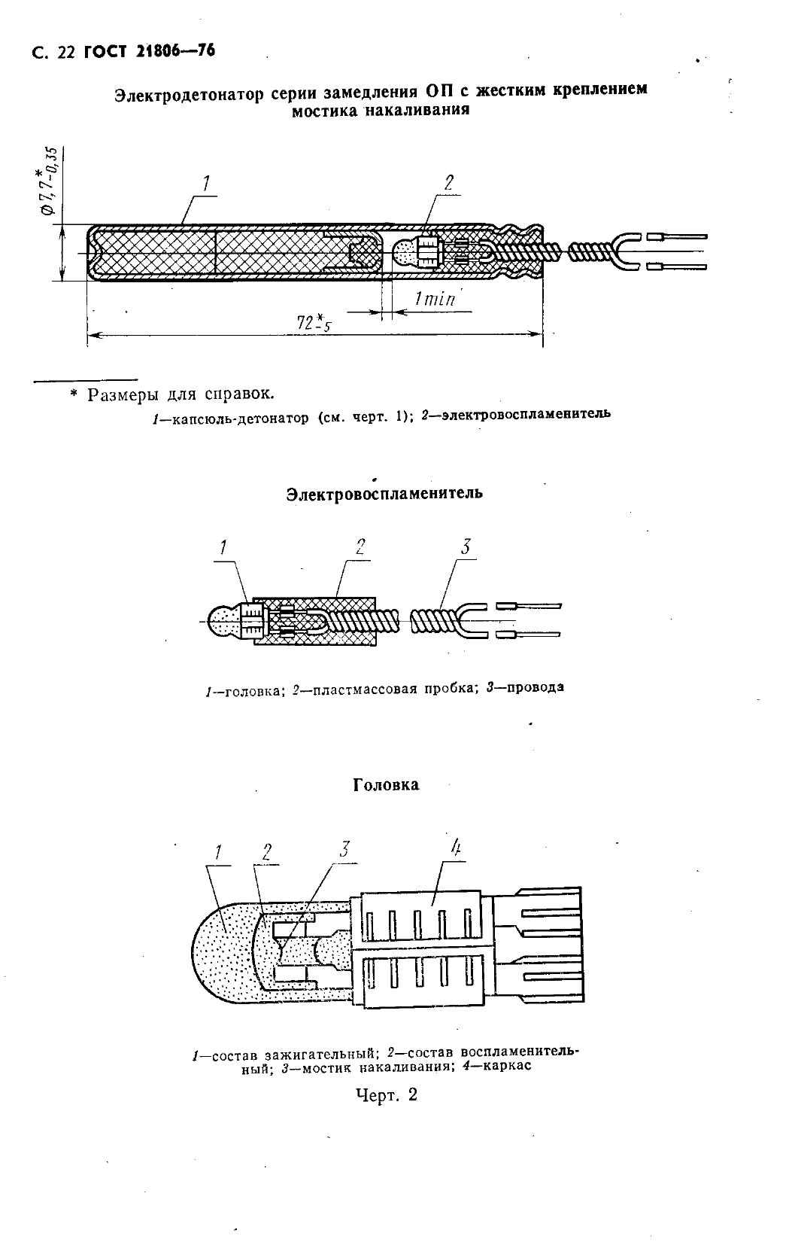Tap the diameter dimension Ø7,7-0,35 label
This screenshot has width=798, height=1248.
pyautogui.click(x=50, y=181)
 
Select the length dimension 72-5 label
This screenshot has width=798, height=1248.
pyautogui.click(x=315, y=323)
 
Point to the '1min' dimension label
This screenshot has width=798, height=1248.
pyautogui.click(x=434, y=299)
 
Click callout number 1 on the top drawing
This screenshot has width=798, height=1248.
pyautogui.click(x=205, y=183)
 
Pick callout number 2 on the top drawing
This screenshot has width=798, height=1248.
pyautogui.click(x=448, y=183)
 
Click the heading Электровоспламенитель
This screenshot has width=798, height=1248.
pyautogui.click(x=384, y=494)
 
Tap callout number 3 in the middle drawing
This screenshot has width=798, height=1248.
pyautogui.click(x=466, y=546)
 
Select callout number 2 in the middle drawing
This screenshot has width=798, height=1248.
pyautogui.click(x=360, y=546)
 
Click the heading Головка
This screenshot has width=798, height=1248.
pyautogui.click(x=386, y=784)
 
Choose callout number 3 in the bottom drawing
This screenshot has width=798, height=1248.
pyautogui.click(x=344, y=850)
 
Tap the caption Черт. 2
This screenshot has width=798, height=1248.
pyautogui.click(x=387, y=1094)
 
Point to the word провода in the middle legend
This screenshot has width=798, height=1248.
pyautogui.click(x=535, y=687)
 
